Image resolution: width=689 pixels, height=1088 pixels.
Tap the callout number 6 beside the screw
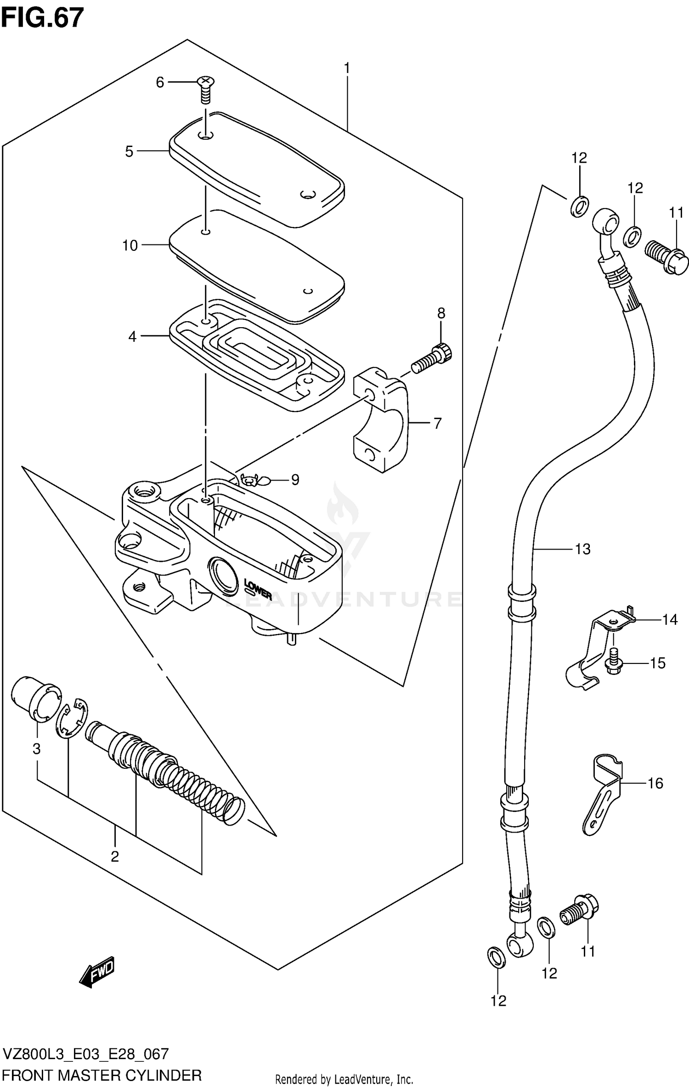pos(160,83)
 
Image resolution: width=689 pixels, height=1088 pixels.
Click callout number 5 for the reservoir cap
pos(130,151)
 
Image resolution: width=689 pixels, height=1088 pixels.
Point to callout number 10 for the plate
pos(130,245)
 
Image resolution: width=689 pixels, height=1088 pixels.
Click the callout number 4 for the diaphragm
pos(132,336)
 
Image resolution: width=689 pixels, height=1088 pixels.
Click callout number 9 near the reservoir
pos(295,480)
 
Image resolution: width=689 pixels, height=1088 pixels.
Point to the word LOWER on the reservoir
pos(258,590)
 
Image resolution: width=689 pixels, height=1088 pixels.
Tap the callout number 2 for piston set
pos(115,856)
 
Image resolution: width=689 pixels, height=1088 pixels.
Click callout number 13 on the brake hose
pos(582,549)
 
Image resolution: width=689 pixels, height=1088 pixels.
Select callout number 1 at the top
pos(347,68)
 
